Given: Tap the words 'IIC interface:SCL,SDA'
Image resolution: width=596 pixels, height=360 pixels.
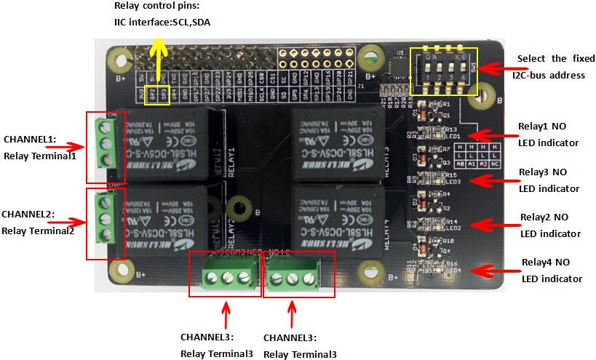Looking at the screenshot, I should pos(162,23).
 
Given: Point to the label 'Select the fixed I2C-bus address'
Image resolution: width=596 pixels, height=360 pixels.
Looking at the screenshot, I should pos(551,66).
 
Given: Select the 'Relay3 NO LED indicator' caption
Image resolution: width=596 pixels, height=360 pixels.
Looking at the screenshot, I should pos(549,180).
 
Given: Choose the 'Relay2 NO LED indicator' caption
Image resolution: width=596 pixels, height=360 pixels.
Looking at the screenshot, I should pos(550,225).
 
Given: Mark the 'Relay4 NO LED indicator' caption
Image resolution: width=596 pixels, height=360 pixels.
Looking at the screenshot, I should pos(552,270).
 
